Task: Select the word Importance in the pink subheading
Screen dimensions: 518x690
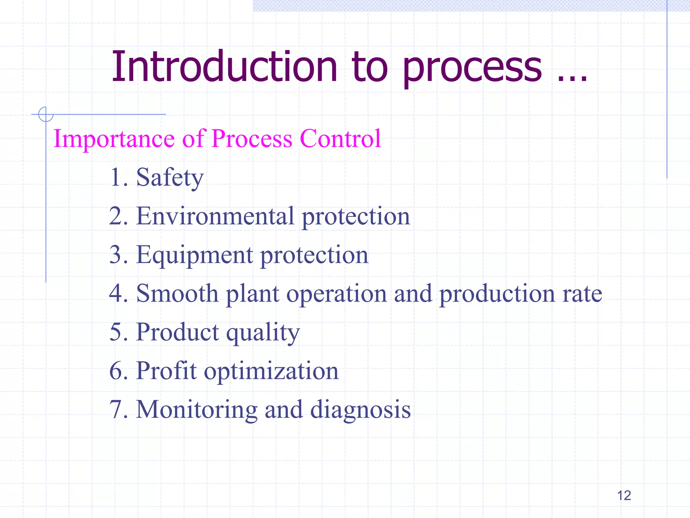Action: [x=114, y=139]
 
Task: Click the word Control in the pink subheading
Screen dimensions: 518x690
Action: [x=340, y=139]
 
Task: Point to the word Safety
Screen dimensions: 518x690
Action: [x=170, y=177]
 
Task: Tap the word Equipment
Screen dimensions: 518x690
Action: [x=194, y=255]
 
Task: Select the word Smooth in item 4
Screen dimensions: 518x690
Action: [x=177, y=293]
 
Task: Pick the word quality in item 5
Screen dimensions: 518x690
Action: [x=263, y=333]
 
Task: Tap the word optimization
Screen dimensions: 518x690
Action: [x=271, y=371]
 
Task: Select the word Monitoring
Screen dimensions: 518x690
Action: [x=196, y=410]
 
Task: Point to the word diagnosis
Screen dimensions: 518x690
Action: [x=360, y=410]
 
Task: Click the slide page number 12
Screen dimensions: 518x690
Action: [x=624, y=495]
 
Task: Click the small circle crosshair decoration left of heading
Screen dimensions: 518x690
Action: [x=45, y=114]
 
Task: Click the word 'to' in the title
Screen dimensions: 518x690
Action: [x=370, y=66]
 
